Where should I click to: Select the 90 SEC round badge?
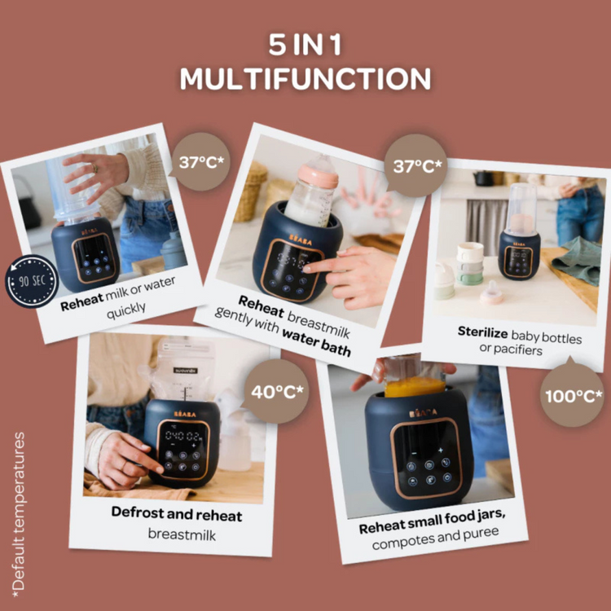pos(32,281)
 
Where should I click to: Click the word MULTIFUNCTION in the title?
pos(305,79)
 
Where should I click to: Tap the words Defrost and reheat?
pos(176,515)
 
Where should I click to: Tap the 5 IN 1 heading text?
pos(305,46)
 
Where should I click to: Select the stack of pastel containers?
pos(470,263)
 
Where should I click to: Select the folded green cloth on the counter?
pos(575,259)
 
